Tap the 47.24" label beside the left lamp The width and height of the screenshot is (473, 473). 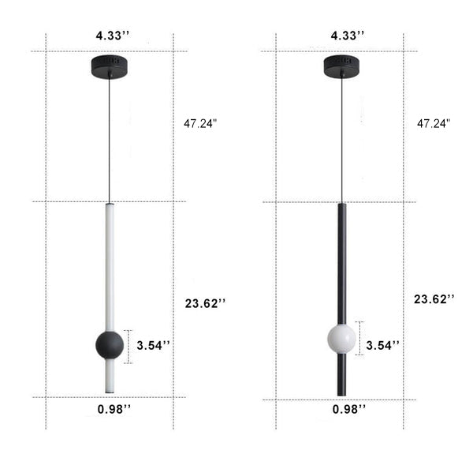(200, 123)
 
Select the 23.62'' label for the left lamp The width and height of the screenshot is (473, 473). (203, 302)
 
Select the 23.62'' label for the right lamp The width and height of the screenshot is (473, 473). (434, 298)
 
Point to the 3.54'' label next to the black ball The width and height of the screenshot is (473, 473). (153, 345)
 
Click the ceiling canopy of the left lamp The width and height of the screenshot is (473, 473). (109, 65)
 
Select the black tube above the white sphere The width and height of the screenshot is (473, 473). (341, 261)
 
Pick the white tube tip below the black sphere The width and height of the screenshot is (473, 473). (109, 375)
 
